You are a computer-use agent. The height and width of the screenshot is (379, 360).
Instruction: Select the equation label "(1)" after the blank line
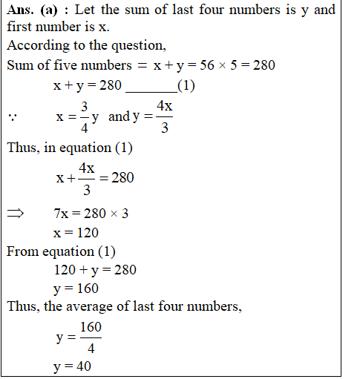(186, 85)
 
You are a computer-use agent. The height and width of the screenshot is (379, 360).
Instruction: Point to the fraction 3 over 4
(85, 116)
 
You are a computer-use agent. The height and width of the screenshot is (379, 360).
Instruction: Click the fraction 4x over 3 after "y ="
(165, 116)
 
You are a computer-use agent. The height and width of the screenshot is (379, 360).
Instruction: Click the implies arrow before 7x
(16, 214)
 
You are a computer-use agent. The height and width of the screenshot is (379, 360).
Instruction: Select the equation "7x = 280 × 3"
(91, 214)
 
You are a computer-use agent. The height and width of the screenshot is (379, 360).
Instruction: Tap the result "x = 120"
(76, 232)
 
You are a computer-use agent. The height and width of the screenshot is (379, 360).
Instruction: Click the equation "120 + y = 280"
(95, 270)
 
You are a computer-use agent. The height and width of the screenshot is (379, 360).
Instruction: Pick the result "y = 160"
(76, 289)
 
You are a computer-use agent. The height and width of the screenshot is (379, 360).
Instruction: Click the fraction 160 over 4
(91, 337)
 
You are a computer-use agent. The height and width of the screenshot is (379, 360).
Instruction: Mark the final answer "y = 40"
(73, 367)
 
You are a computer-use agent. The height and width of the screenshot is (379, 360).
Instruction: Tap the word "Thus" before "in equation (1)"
(23, 148)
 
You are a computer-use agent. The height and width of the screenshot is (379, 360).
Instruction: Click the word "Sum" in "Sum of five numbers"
(20, 65)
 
